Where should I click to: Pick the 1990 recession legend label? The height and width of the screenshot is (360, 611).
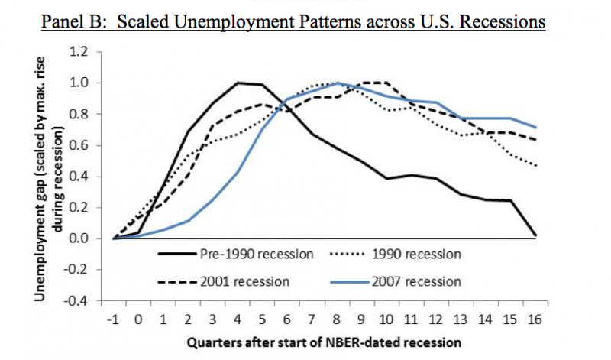419,253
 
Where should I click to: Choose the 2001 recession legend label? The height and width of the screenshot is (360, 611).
246,281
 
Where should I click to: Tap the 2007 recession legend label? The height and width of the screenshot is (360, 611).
419,281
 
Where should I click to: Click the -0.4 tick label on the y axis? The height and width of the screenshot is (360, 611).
78,301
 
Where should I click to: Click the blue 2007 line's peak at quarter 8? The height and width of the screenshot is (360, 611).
337,83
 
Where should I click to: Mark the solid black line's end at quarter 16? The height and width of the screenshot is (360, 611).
534,235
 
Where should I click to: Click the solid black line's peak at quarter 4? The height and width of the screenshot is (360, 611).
238,83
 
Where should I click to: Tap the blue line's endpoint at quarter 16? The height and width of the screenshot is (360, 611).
534,127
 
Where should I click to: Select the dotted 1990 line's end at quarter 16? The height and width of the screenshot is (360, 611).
534,166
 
